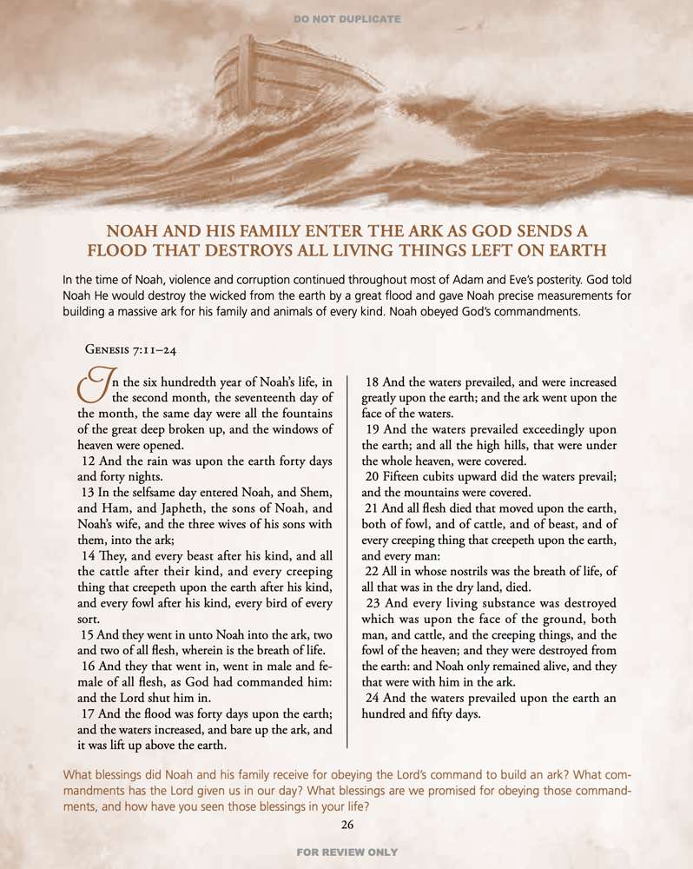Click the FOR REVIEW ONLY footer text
[x=346, y=852]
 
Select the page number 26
[x=347, y=825]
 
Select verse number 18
[x=375, y=381]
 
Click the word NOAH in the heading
[x=132, y=231]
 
